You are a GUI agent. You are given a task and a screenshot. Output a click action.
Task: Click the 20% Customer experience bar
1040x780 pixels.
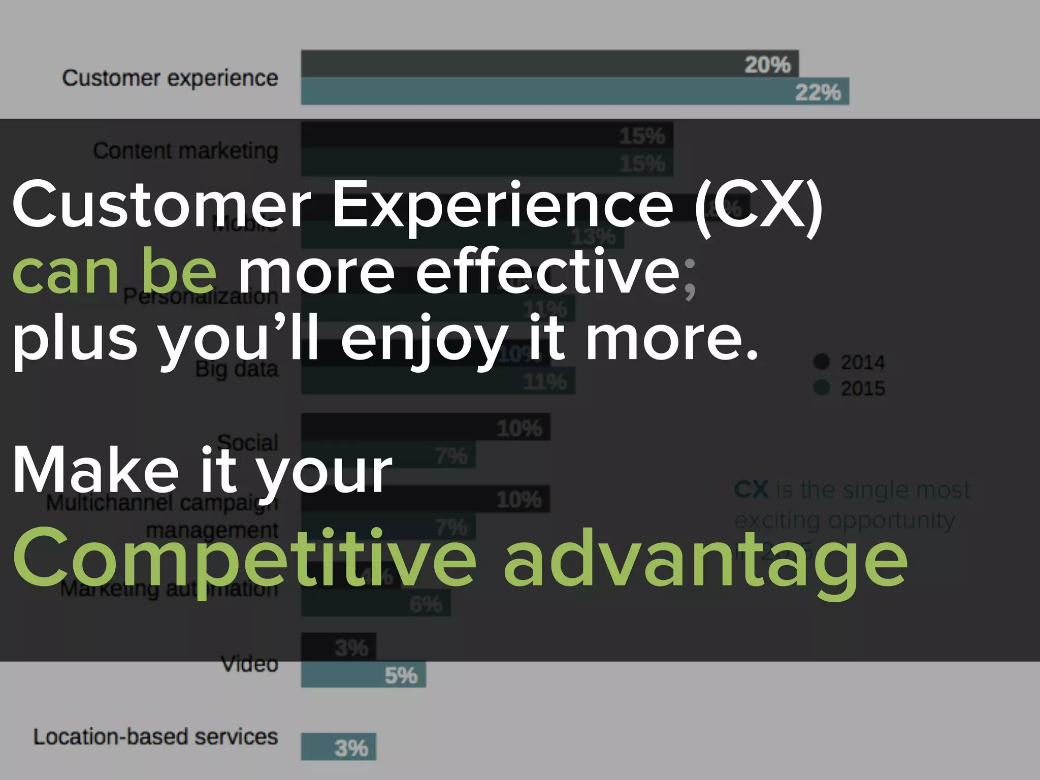(x=549, y=63)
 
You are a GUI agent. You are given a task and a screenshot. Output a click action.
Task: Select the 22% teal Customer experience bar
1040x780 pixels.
(x=574, y=91)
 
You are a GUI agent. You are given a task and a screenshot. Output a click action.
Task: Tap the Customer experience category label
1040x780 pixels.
(x=170, y=78)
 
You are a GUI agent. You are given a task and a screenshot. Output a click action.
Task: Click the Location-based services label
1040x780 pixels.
(x=155, y=737)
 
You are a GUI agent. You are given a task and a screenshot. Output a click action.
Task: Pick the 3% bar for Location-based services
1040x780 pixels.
(x=338, y=747)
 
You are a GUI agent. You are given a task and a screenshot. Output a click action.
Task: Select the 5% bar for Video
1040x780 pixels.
(x=363, y=675)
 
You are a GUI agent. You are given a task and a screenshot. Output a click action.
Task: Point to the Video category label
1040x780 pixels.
(x=249, y=664)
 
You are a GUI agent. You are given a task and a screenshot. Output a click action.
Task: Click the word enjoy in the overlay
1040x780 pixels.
(x=424, y=338)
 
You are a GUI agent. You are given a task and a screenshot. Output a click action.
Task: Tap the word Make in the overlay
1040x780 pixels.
(x=96, y=470)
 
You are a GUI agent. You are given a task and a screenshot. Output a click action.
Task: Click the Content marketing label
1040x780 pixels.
(x=185, y=151)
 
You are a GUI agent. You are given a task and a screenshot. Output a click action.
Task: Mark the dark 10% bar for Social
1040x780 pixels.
(x=426, y=427)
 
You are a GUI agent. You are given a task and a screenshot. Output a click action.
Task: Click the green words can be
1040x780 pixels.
(x=114, y=270)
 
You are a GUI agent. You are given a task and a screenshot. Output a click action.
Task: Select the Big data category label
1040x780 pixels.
(x=237, y=370)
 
